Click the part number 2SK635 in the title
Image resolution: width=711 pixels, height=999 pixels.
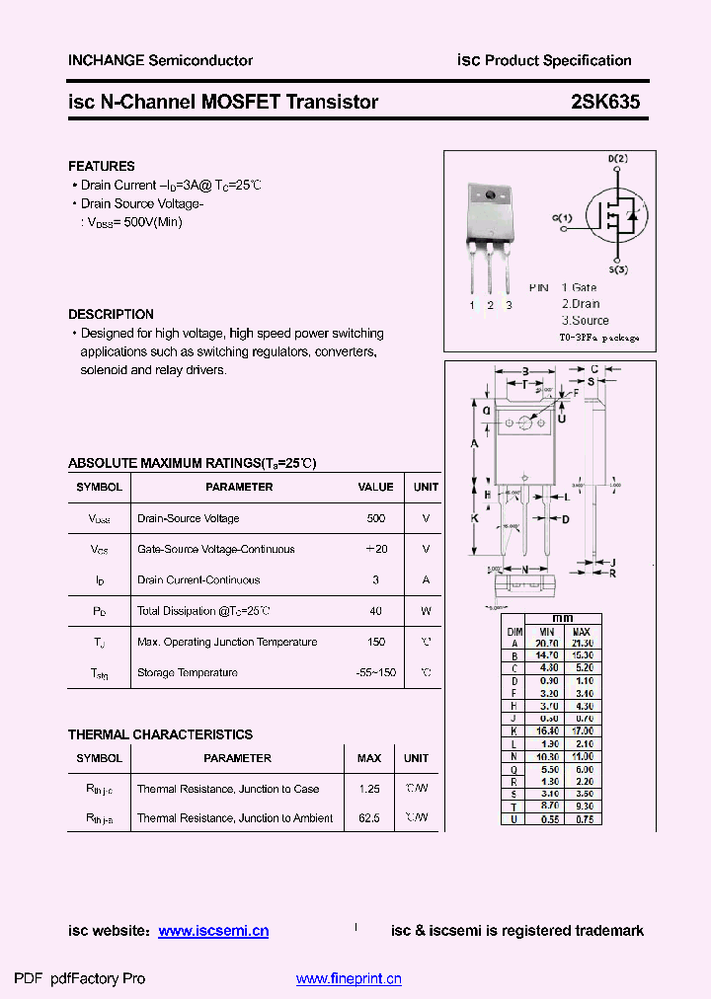click(x=604, y=102)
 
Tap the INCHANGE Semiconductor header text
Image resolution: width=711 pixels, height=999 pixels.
click(x=160, y=60)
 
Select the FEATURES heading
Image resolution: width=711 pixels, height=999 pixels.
click(x=101, y=166)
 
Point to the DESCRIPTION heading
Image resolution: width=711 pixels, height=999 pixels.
click(x=111, y=314)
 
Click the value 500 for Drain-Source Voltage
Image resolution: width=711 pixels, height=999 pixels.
click(x=375, y=518)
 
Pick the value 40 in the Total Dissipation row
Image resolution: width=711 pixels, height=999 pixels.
click(x=375, y=611)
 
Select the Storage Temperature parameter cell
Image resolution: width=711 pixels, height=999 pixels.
click(x=188, y=672)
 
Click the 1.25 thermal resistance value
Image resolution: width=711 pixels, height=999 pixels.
click(x=369, y=789)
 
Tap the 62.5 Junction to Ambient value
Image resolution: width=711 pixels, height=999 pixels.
click(x=369, y=818)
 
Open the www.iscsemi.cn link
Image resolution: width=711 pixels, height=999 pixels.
click(x=213, y=931)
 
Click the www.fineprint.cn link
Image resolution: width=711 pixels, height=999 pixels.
click(x=349, y=979)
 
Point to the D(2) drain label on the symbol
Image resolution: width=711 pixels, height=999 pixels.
click(x=617, y=159)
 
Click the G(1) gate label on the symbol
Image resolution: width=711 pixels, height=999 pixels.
click(x=562, y=217)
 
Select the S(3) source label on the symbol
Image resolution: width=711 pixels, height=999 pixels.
click(x=618, y=269)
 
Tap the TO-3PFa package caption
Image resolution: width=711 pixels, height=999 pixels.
click(x=599, y=338)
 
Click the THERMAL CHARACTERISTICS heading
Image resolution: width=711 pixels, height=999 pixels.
click(x=160, y=734)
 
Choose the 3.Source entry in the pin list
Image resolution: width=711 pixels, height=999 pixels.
click(x=586, y=320)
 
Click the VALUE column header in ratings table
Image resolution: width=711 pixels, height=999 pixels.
click(x=375, y=487)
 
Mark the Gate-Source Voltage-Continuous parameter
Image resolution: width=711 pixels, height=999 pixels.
click(x=215, y=549)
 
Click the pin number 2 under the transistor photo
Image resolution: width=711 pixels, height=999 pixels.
click(x=490, y=305)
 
